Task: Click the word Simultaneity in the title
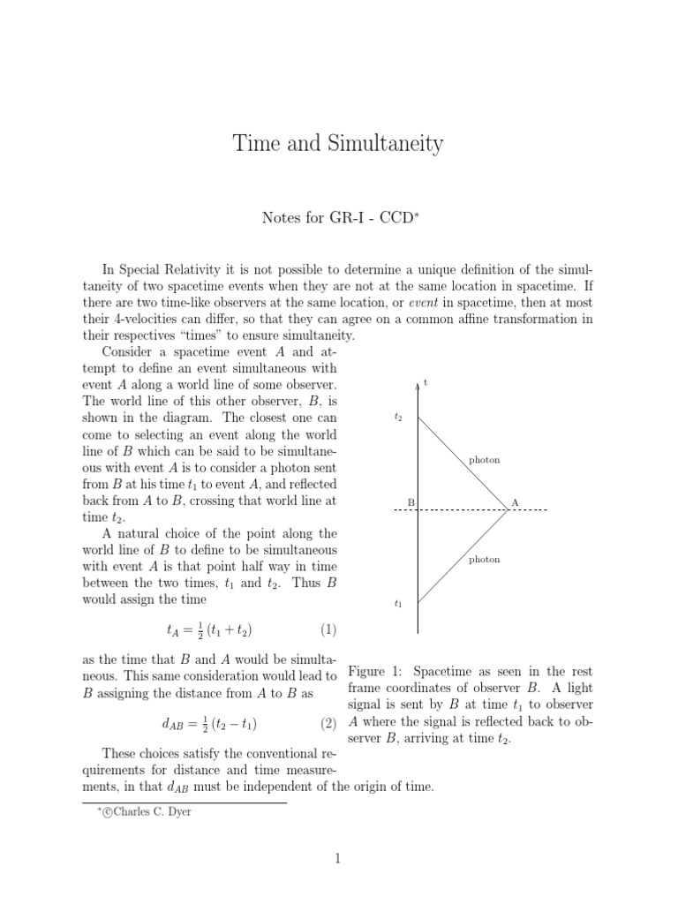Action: pos(384,145)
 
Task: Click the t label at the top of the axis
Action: pos(426,382)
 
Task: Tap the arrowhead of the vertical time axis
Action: pos(418,385)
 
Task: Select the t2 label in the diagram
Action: pos(398,417)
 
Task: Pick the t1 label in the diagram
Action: pos(398,605)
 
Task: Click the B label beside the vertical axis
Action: pos(410,503)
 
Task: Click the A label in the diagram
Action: pos(516,503)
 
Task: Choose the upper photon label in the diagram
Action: pos(484,460)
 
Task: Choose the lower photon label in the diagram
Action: pos(484,560)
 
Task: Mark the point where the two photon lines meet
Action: pos(508,510)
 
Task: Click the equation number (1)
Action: pos(328,629)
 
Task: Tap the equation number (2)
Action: pos(328,724)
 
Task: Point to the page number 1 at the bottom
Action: pos(338,857)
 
